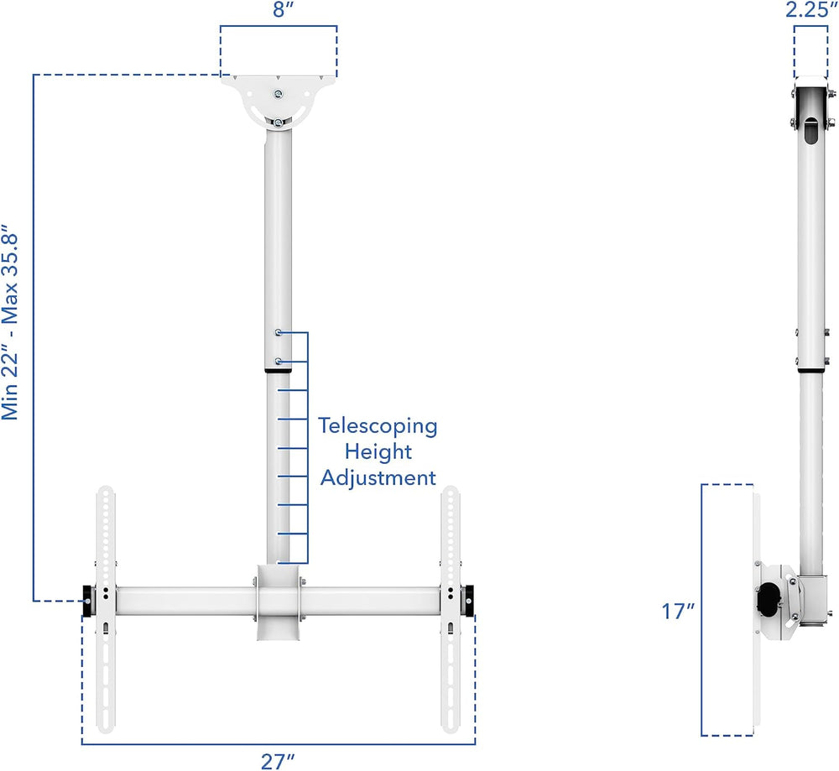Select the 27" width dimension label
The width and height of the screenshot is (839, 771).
click(279, 760)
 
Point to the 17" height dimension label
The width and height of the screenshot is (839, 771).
click(678, 611)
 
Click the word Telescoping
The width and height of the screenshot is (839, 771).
click(378, 425)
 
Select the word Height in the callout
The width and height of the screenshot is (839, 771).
click(378, 452)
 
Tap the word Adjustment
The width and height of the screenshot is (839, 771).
click(378, 478)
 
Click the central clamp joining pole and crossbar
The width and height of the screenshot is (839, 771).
click(278, 602)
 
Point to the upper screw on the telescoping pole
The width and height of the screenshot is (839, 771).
click(278, 334)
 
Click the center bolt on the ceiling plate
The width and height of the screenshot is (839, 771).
click(279, 94)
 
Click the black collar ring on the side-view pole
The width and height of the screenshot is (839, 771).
click(811, 370)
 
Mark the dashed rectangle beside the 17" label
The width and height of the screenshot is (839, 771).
click(727, 610)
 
